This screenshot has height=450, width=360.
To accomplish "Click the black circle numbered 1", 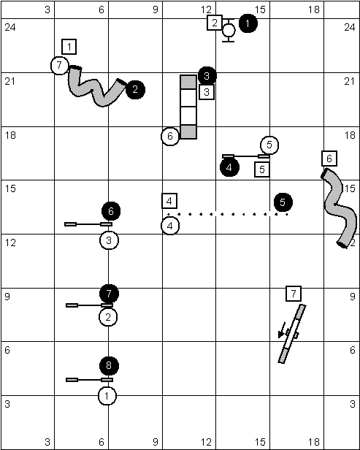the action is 248,23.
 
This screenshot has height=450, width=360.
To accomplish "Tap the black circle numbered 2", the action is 135,90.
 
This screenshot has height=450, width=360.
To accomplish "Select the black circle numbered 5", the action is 283,202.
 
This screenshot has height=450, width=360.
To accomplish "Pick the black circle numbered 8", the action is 109,366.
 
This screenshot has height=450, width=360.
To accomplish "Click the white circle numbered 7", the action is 60,66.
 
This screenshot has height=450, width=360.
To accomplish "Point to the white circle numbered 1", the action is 107,396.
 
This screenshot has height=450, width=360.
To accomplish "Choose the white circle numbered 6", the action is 170,137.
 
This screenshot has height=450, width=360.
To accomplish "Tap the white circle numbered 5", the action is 269,145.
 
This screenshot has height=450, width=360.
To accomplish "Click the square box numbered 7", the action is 294,294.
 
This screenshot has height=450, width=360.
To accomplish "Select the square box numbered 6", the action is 329,159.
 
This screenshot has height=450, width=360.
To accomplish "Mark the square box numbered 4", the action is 169,201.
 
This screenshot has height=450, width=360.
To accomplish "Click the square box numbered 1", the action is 69,47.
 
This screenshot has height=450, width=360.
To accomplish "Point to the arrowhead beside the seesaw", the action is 281,335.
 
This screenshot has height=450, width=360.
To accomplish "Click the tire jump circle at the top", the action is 229,30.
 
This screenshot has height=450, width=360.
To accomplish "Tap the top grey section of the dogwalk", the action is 188,82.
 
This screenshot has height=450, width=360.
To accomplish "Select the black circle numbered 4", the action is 229,167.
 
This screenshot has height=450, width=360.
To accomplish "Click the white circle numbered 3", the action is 109,240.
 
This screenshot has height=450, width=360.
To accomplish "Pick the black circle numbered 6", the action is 111,211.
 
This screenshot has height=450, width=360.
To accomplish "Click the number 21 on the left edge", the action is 10,82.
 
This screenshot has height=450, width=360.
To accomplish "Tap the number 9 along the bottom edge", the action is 156,442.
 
